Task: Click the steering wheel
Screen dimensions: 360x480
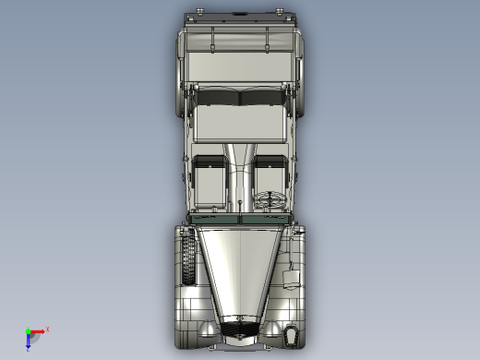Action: coord(272,198)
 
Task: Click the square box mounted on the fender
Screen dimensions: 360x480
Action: coord(291,278)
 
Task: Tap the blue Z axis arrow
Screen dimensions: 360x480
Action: coord(28,342)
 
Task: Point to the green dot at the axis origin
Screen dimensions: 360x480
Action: coord(28,330)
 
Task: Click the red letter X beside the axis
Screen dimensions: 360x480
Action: coord(47,329)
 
